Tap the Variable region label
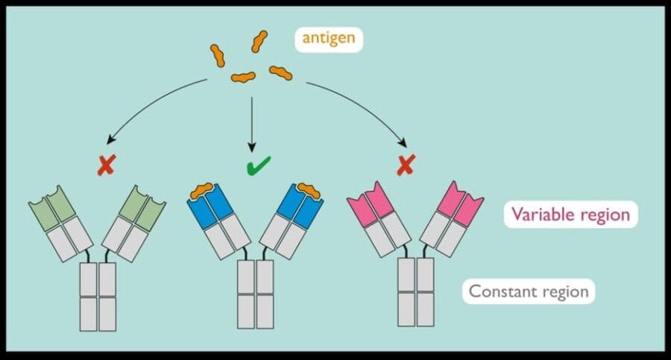coord(570,215)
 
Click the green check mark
coord(258,165)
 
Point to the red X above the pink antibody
coord(405,166)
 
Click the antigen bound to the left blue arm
coord(201,192)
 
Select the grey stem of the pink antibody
coord(415,293)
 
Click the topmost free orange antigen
coord(259,42)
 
